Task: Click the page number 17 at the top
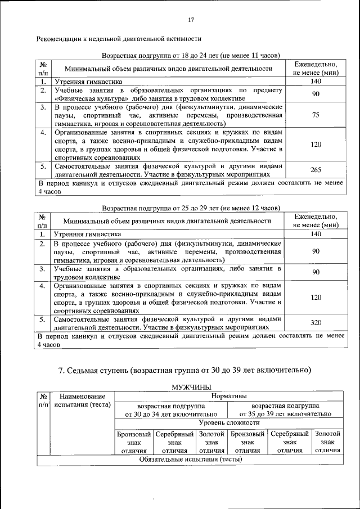point(191,20)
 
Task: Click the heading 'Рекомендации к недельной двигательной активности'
point(119,39)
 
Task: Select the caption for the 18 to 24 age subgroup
point(191,56)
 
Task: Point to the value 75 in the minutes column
point(316,115)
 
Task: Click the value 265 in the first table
point(316,170)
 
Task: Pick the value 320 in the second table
point(316,322)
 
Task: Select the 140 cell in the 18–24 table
point(316,81)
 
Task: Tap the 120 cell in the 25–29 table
point(316,297)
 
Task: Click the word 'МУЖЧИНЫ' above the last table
point(191,387)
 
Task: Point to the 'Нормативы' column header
point(228,397)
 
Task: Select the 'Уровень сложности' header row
point(228,422)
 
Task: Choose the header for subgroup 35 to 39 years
point(286,410)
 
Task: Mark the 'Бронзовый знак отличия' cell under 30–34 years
point(134,442)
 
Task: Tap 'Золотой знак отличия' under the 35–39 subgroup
point(327,442)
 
